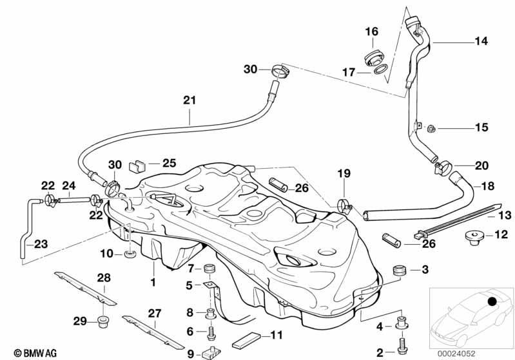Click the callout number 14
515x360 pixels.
481,41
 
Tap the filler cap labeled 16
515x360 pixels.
373,59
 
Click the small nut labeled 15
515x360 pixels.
431,129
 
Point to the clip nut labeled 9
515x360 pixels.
211,353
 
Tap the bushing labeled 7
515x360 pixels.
209,269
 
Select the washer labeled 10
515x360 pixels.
130,254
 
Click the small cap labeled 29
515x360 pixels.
104,321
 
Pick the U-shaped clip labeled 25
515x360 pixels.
137,166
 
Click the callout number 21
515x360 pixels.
189,100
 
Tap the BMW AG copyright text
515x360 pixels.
35,353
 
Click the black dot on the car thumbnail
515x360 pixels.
492,301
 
